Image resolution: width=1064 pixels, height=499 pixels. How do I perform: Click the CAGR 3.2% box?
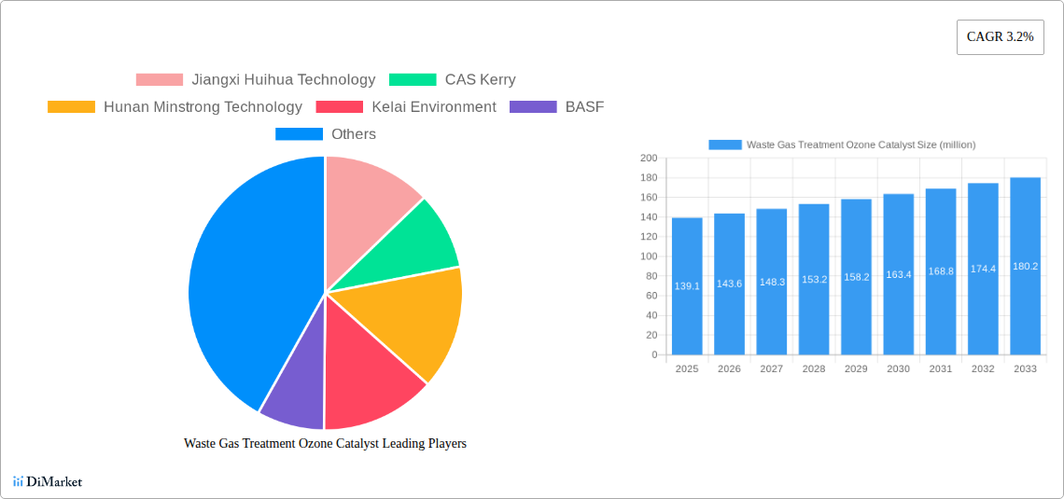1000,37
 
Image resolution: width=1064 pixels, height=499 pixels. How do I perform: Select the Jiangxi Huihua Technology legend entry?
255,79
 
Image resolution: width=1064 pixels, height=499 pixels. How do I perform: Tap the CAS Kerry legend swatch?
413,79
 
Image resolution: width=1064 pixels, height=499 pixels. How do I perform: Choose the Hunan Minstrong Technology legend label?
203,106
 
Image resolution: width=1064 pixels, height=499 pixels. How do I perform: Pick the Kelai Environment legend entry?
406,106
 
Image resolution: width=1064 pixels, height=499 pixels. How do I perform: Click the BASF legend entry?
556,106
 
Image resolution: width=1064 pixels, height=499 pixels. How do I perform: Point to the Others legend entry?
326,133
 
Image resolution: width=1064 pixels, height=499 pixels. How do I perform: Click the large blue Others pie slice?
251,284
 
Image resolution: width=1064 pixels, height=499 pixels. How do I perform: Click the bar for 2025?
687,286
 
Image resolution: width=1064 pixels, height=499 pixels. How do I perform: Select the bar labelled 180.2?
1025,266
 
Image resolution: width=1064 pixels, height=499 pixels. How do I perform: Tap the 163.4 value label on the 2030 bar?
899,274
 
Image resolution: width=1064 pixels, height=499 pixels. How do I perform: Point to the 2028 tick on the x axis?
814,368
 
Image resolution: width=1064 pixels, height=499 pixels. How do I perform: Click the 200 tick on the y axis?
649,158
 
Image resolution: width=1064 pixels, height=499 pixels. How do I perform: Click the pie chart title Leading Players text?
325,443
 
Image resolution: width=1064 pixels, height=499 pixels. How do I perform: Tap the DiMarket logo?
48,482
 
